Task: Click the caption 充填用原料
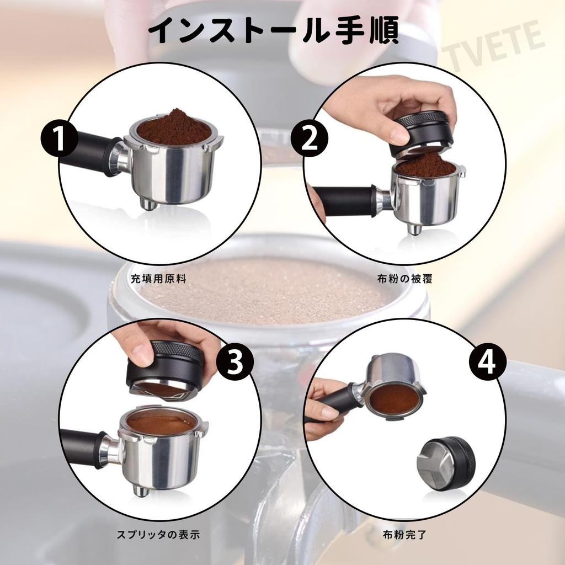click(159, 279)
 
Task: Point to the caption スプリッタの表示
click(159, 534)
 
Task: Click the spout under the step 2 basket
click(414, 228)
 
